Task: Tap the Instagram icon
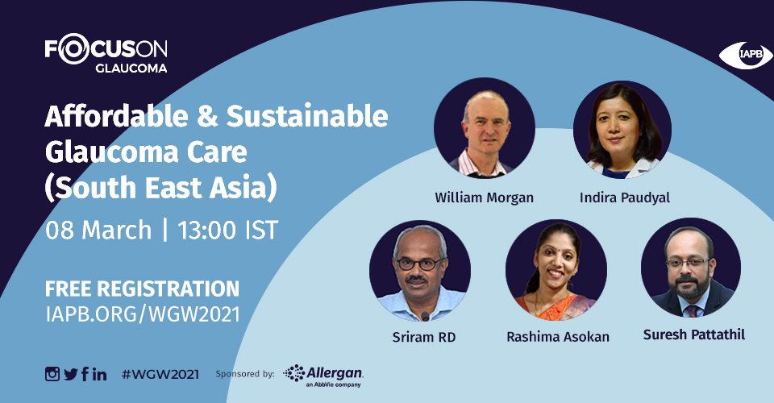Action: point(52,374)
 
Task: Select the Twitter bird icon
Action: point(71,375)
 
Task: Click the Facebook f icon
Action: point(85,374)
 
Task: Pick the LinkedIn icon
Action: point(99,375)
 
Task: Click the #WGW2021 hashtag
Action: point(160,375)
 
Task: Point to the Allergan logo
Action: point(323,376)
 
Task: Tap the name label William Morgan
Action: point(484,197)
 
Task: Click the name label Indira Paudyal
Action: point(624,197)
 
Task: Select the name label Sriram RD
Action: point(423,337)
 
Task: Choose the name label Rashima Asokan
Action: point(558,337)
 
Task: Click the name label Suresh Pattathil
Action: point(693,335)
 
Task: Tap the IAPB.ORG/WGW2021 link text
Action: point(143,314)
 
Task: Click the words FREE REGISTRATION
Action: point(142,289)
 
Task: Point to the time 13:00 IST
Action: point(227,231)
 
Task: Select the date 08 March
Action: point(98,231)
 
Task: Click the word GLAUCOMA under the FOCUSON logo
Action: point(131,68)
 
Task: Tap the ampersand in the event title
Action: point(207,116)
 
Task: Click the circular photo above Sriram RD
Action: point(419,271)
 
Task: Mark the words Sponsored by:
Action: point(245,375)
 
